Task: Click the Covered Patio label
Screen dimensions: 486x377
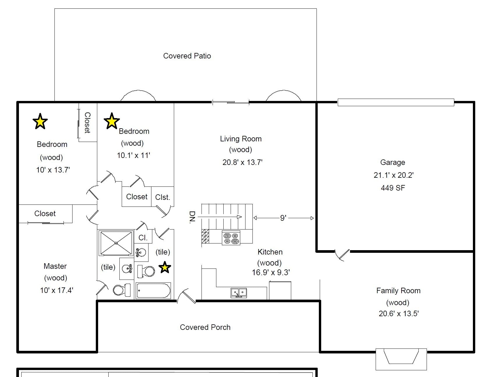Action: tap(187, 56)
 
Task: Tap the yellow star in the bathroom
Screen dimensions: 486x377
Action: tap(165, 267)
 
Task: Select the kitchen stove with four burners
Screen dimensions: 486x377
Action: tap(231, 238)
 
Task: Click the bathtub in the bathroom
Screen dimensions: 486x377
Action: tap(153, 291)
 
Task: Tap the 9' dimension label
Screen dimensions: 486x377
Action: tap(283, 218)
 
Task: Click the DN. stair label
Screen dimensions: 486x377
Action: tap(192, 217)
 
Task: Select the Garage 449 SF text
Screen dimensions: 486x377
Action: tap(393, 188)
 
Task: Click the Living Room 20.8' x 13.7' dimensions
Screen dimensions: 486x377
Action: tap(243, 162)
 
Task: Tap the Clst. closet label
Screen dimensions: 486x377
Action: tap(162, 197)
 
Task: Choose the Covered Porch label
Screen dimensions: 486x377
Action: tap(205, 327)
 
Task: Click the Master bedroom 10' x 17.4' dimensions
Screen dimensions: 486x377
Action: tap(56, 290)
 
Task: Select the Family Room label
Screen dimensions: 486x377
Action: tap(398, 291)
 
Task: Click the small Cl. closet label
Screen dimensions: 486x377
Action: tap(143, 238)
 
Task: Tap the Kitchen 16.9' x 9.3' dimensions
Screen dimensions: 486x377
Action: tap(271, 273)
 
